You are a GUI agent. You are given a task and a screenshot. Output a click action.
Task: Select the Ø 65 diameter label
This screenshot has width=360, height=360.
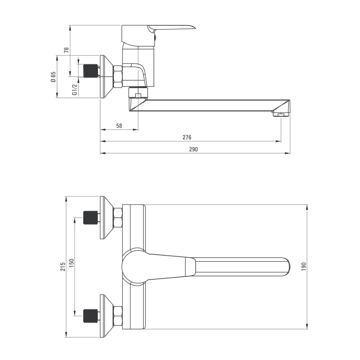point(53,77)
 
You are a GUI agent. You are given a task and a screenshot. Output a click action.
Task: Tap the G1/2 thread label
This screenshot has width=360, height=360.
point(75,89)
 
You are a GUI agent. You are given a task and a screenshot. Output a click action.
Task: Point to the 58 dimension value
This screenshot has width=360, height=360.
point(119,126)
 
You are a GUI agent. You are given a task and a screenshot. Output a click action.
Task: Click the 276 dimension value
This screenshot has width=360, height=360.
point(187,137)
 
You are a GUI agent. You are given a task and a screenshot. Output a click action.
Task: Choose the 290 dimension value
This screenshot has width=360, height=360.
point(194,149)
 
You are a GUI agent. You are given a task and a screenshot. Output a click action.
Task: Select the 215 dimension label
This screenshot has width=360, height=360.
point(63,267)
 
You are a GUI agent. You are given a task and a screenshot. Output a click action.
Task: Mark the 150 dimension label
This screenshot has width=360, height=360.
point(71,263)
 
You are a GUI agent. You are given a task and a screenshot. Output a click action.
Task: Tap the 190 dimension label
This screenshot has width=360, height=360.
point(303,266)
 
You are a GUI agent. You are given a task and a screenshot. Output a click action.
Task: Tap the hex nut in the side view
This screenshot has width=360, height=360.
point(118,76)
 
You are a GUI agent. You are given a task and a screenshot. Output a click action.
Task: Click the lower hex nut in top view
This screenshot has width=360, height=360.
point(118,316)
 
